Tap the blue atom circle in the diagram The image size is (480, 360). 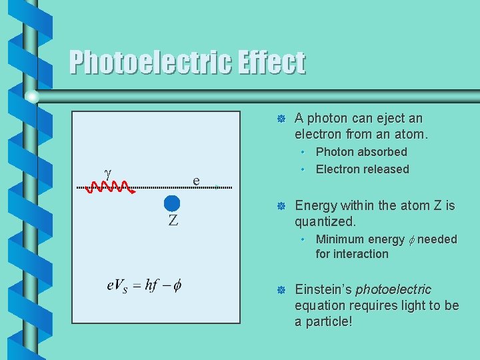(x=172, y=203)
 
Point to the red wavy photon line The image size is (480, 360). (x=115, y=187)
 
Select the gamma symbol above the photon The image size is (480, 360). (x=107, y=171)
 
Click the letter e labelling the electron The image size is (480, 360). (x=196, y=180)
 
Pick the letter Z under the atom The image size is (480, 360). (x=173, y=221)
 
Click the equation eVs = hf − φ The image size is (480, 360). (x=143, y=285)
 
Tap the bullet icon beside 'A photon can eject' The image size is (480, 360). (x=281, y=119)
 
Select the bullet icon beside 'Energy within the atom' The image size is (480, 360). (x=281, y=206)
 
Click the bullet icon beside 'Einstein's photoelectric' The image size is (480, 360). (x=281, y=290)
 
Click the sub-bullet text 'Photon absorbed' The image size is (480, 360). (x=361, y=152)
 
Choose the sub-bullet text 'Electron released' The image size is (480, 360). (x=363, y=169)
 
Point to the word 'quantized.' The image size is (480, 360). (x=325, y=221)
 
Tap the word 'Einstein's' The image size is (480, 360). (x=323, y=290)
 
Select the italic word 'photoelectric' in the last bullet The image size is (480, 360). (x=393, y=290)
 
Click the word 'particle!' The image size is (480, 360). (x=328, y=321)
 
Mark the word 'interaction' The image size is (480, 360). (x=364, y=254)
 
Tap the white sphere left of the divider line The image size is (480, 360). (x=31, y=97)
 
